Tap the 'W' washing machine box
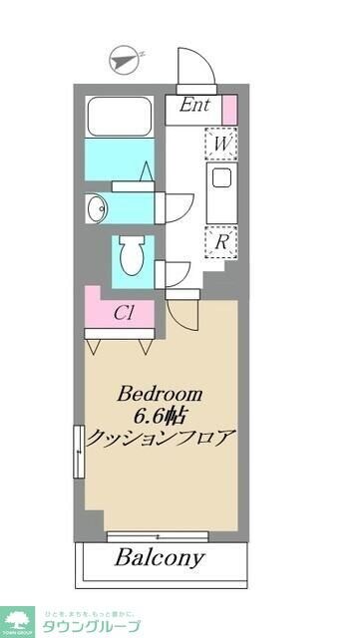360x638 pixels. [x=219, y=144]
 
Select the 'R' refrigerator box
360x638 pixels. [x=219, y=239]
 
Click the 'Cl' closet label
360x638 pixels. [x=124, y=312]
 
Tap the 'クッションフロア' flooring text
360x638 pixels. [x=162, y=438]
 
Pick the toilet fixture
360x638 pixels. [x=131, y=257]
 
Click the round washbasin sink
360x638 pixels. [x=96, y=207]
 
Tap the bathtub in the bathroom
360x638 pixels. [x=120, y=118]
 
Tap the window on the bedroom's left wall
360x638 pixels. [x=78, y=451]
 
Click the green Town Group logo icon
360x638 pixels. [x=16, y=619]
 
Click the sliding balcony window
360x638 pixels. [x=164, y=535]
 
